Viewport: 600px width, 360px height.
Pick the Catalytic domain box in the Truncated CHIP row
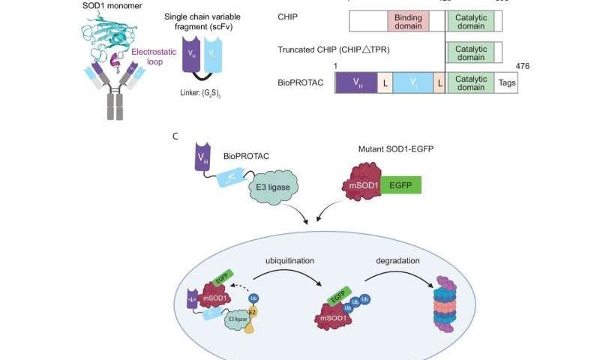click(x=470, y=52)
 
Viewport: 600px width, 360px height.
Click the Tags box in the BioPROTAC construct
click(x=507, y=82)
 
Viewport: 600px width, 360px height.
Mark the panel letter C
click(x=175, y=136)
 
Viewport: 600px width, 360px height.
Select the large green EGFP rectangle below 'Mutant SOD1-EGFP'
click(x=401, y=184)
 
